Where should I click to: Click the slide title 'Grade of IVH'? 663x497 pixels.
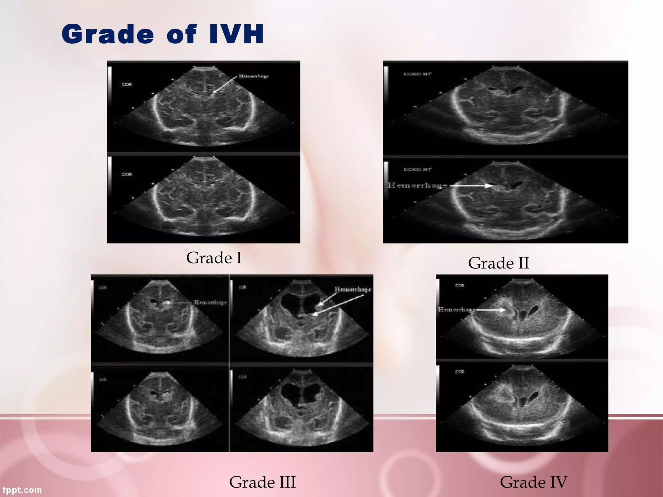tap(163, 34)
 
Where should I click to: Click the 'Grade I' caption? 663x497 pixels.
tap(214, 258)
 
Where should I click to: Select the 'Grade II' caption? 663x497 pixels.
tap(499, 263)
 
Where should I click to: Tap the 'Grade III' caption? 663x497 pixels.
tap(262, 482)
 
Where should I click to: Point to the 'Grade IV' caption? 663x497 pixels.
tap(534, 482)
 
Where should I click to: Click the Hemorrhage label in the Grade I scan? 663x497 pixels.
tap(254, 76)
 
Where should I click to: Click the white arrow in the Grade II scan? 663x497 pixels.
tap(471, 186)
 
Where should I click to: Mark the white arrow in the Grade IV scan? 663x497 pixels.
tap(490, 310)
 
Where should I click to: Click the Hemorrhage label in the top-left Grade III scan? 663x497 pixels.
tap(210, 303)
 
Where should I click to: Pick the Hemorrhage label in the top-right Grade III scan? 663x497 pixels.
tap(353, 289)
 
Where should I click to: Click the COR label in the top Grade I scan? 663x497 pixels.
tap(127, 84)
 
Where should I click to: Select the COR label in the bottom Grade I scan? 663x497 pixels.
tap(127, 174)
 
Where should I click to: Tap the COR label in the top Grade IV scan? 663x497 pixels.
tap(459, 285)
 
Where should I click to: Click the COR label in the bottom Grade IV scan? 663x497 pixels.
tap(459, 372)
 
